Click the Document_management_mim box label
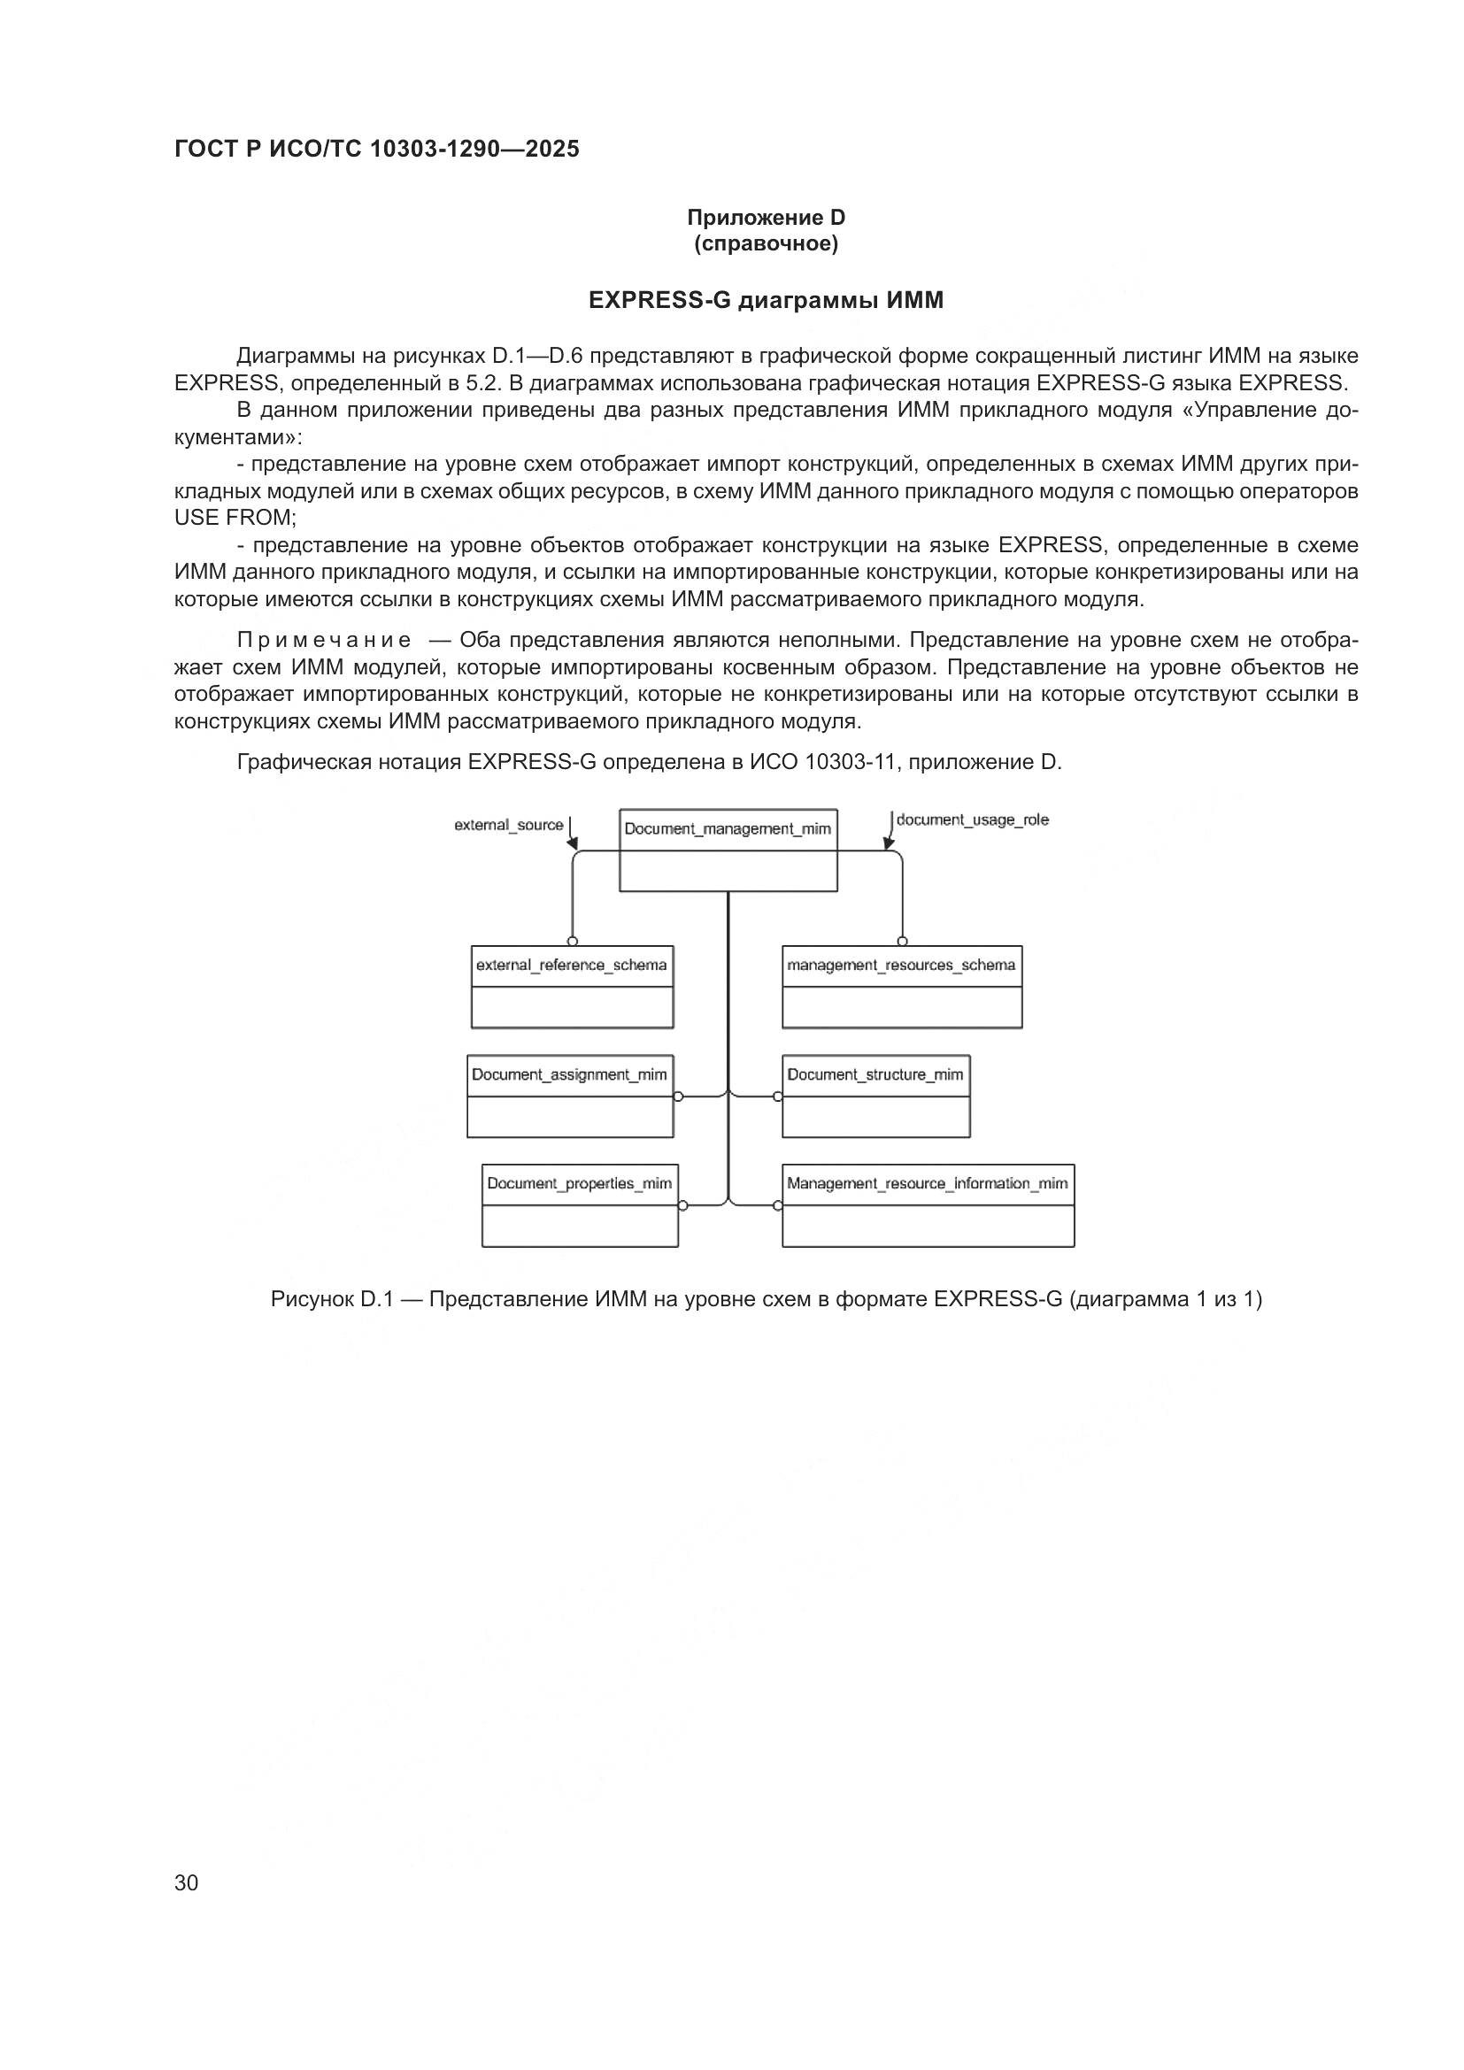point(728,828)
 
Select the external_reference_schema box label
point(572,966)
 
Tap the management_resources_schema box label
point(900,966)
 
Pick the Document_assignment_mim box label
point(569,1074)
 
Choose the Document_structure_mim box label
point(875,1074)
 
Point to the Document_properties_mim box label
point(579,1184)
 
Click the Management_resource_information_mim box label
point(927,1184)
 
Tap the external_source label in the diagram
point(508,825)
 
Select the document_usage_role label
point(973,820)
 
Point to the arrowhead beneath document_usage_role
point(889,844)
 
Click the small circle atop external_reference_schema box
point(573,942)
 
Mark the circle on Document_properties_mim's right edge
point(683,1205)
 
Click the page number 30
point(187,1882)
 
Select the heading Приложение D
point(767,218)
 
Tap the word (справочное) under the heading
point(767,244)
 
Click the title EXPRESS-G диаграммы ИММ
point(766,300)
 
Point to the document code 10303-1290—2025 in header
point(474,150)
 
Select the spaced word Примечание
point(324,641)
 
